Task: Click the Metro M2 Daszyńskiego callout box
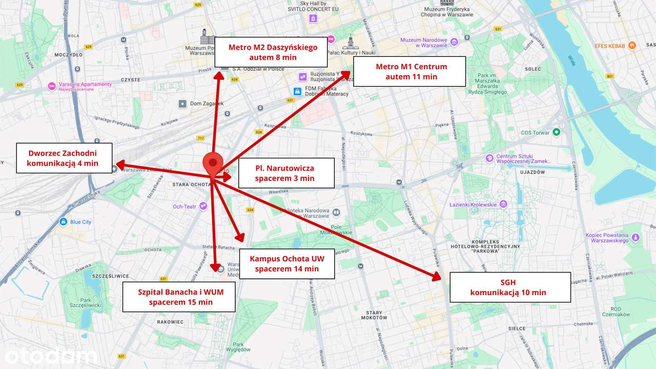[271, 52]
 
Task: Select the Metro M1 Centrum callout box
[409, 71]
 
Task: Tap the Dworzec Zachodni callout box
[64, 158]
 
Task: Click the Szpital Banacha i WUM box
[179, 297]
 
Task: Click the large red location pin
[213, 163]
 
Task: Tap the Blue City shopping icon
[63, 222]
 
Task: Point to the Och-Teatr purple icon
[203, 206]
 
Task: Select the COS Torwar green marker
[556, 132]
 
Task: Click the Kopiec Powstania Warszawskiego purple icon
[635, 237]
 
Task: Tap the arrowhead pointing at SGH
[437, 277]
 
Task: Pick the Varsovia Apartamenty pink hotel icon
[51, 86]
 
